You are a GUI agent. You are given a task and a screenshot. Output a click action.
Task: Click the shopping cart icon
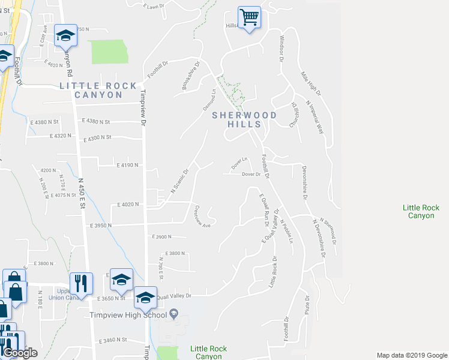[x=249, y=16]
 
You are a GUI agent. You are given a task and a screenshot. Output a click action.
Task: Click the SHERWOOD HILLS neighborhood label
[x=244, y=119]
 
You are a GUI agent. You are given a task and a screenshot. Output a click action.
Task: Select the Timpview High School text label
[x=128, y=315]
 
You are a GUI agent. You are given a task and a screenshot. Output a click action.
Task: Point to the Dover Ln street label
[x=240, y=163]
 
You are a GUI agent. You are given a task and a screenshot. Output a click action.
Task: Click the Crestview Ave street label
[x=202, y=217]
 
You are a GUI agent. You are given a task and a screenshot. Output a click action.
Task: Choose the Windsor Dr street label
[x=280, y=48]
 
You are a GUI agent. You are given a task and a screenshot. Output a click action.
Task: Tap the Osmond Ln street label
[x=209, y=100]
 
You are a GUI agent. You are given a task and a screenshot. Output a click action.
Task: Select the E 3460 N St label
[x=114, y=340]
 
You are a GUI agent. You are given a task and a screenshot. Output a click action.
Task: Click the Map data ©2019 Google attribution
[x=411, y=355]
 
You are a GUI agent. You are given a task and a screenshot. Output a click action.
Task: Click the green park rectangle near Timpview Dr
[x=109, y=52]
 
